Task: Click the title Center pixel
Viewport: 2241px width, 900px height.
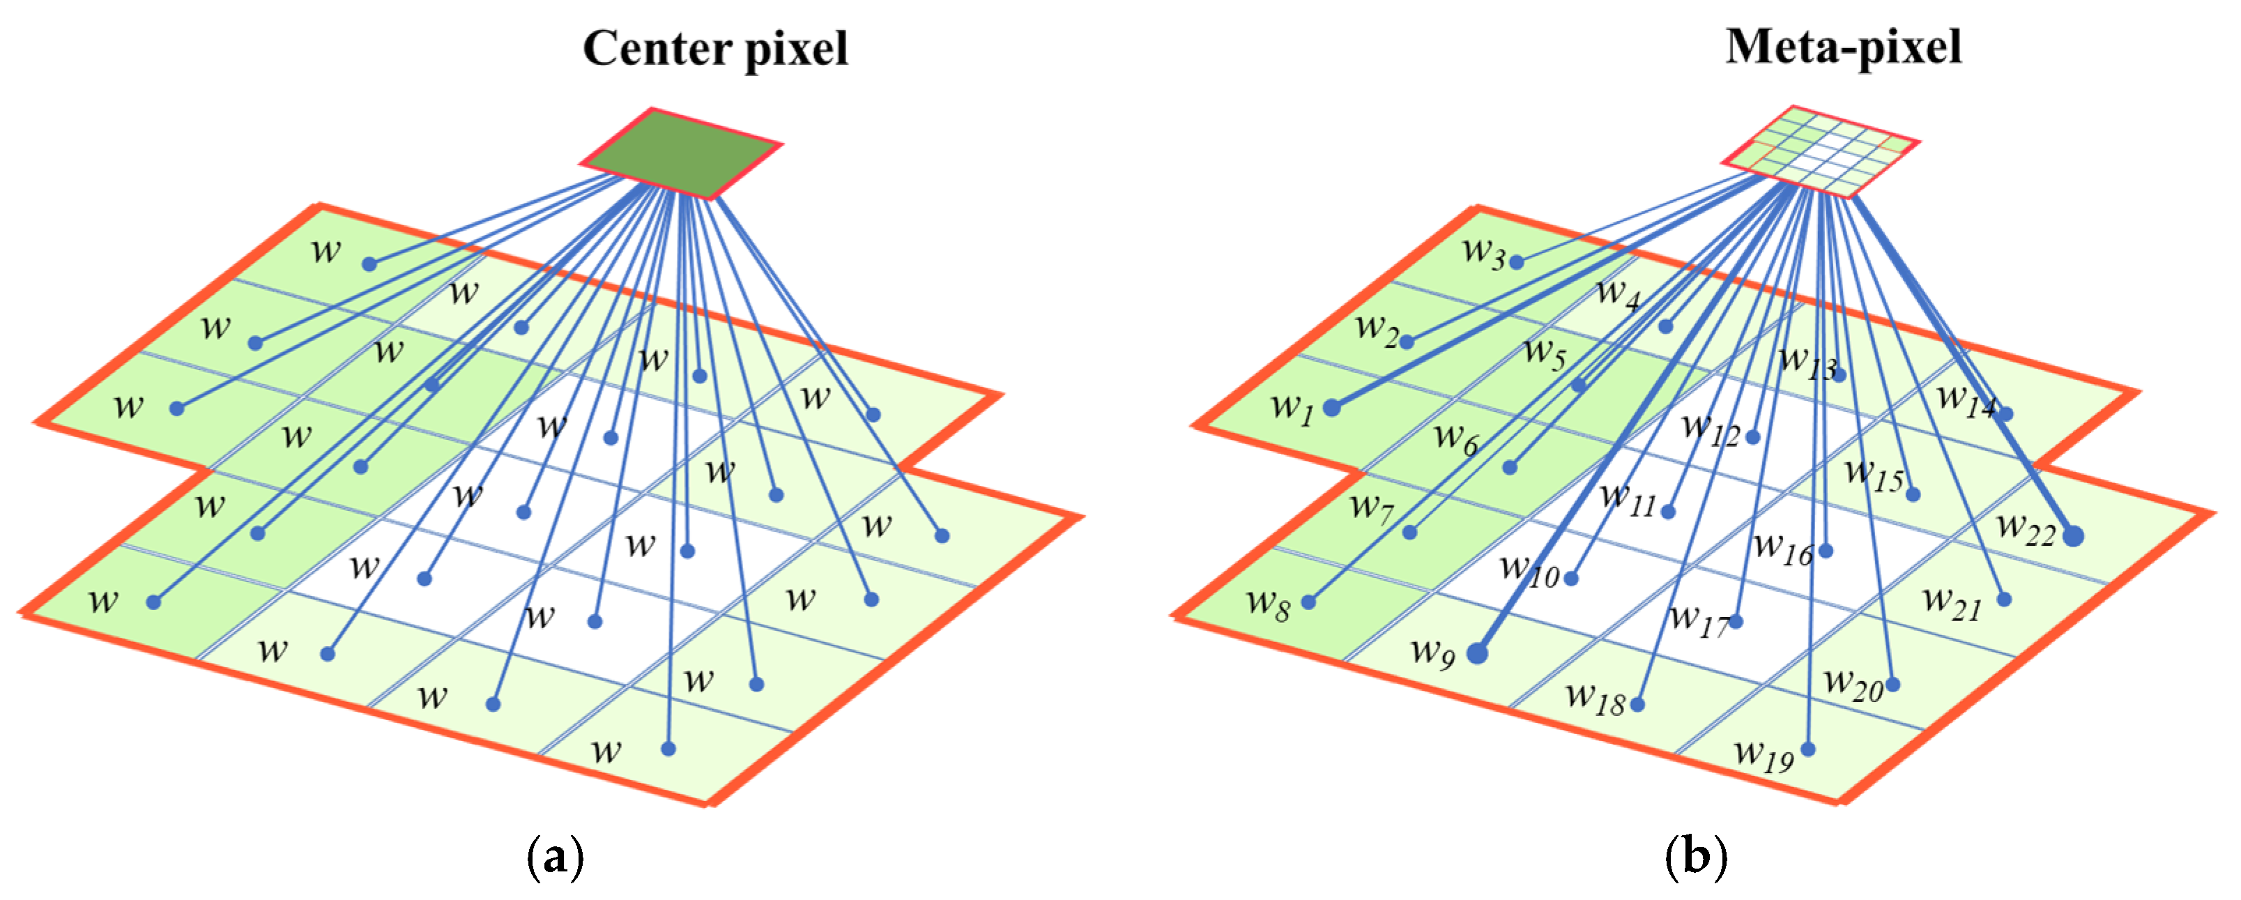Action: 715,49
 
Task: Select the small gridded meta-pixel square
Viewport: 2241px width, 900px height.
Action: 1821,151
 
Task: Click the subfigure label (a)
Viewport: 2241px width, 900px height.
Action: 555,858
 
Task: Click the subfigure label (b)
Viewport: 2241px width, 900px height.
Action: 1695,858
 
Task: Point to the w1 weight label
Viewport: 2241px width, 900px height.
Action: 1292,407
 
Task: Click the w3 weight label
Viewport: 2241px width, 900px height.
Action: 1483,252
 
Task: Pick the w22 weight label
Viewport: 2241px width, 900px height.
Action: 2025,528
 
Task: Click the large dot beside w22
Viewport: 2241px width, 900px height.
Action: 2073,536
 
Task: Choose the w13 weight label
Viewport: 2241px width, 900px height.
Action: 1807,364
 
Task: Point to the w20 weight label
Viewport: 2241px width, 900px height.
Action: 1853,684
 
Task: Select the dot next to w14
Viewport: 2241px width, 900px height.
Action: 2005,413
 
